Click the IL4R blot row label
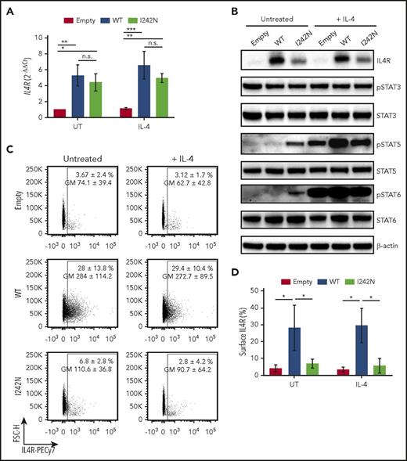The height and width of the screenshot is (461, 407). (381, 58)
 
